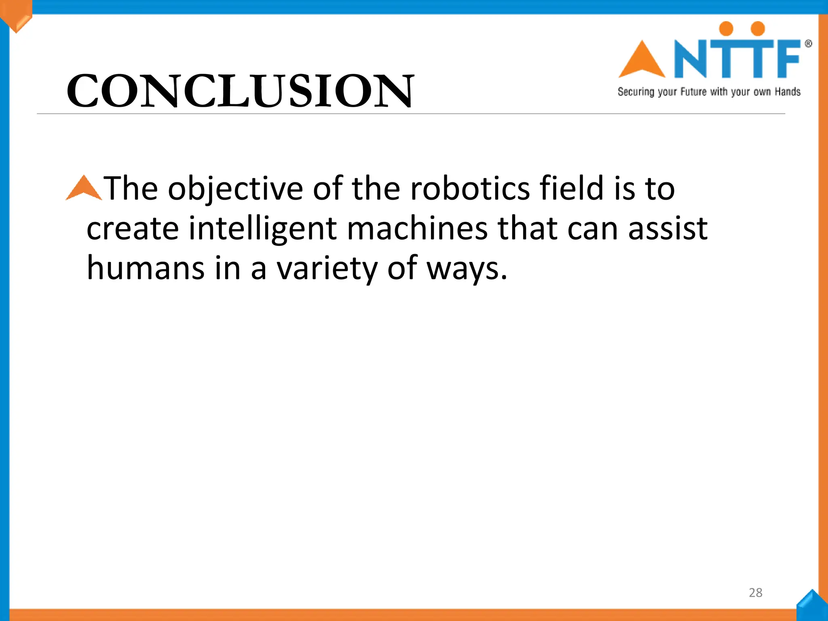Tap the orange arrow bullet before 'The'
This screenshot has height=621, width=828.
point(84,188)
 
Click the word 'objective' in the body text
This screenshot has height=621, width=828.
point(235,189)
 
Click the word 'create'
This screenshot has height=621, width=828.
point(132,229)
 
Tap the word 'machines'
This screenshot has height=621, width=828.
point(417,229)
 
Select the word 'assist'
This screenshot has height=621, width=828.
point(667,229)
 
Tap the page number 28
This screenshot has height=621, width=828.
point(755,593)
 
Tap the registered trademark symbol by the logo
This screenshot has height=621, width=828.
point(808,44)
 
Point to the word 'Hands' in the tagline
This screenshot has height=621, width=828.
point(788,92)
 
